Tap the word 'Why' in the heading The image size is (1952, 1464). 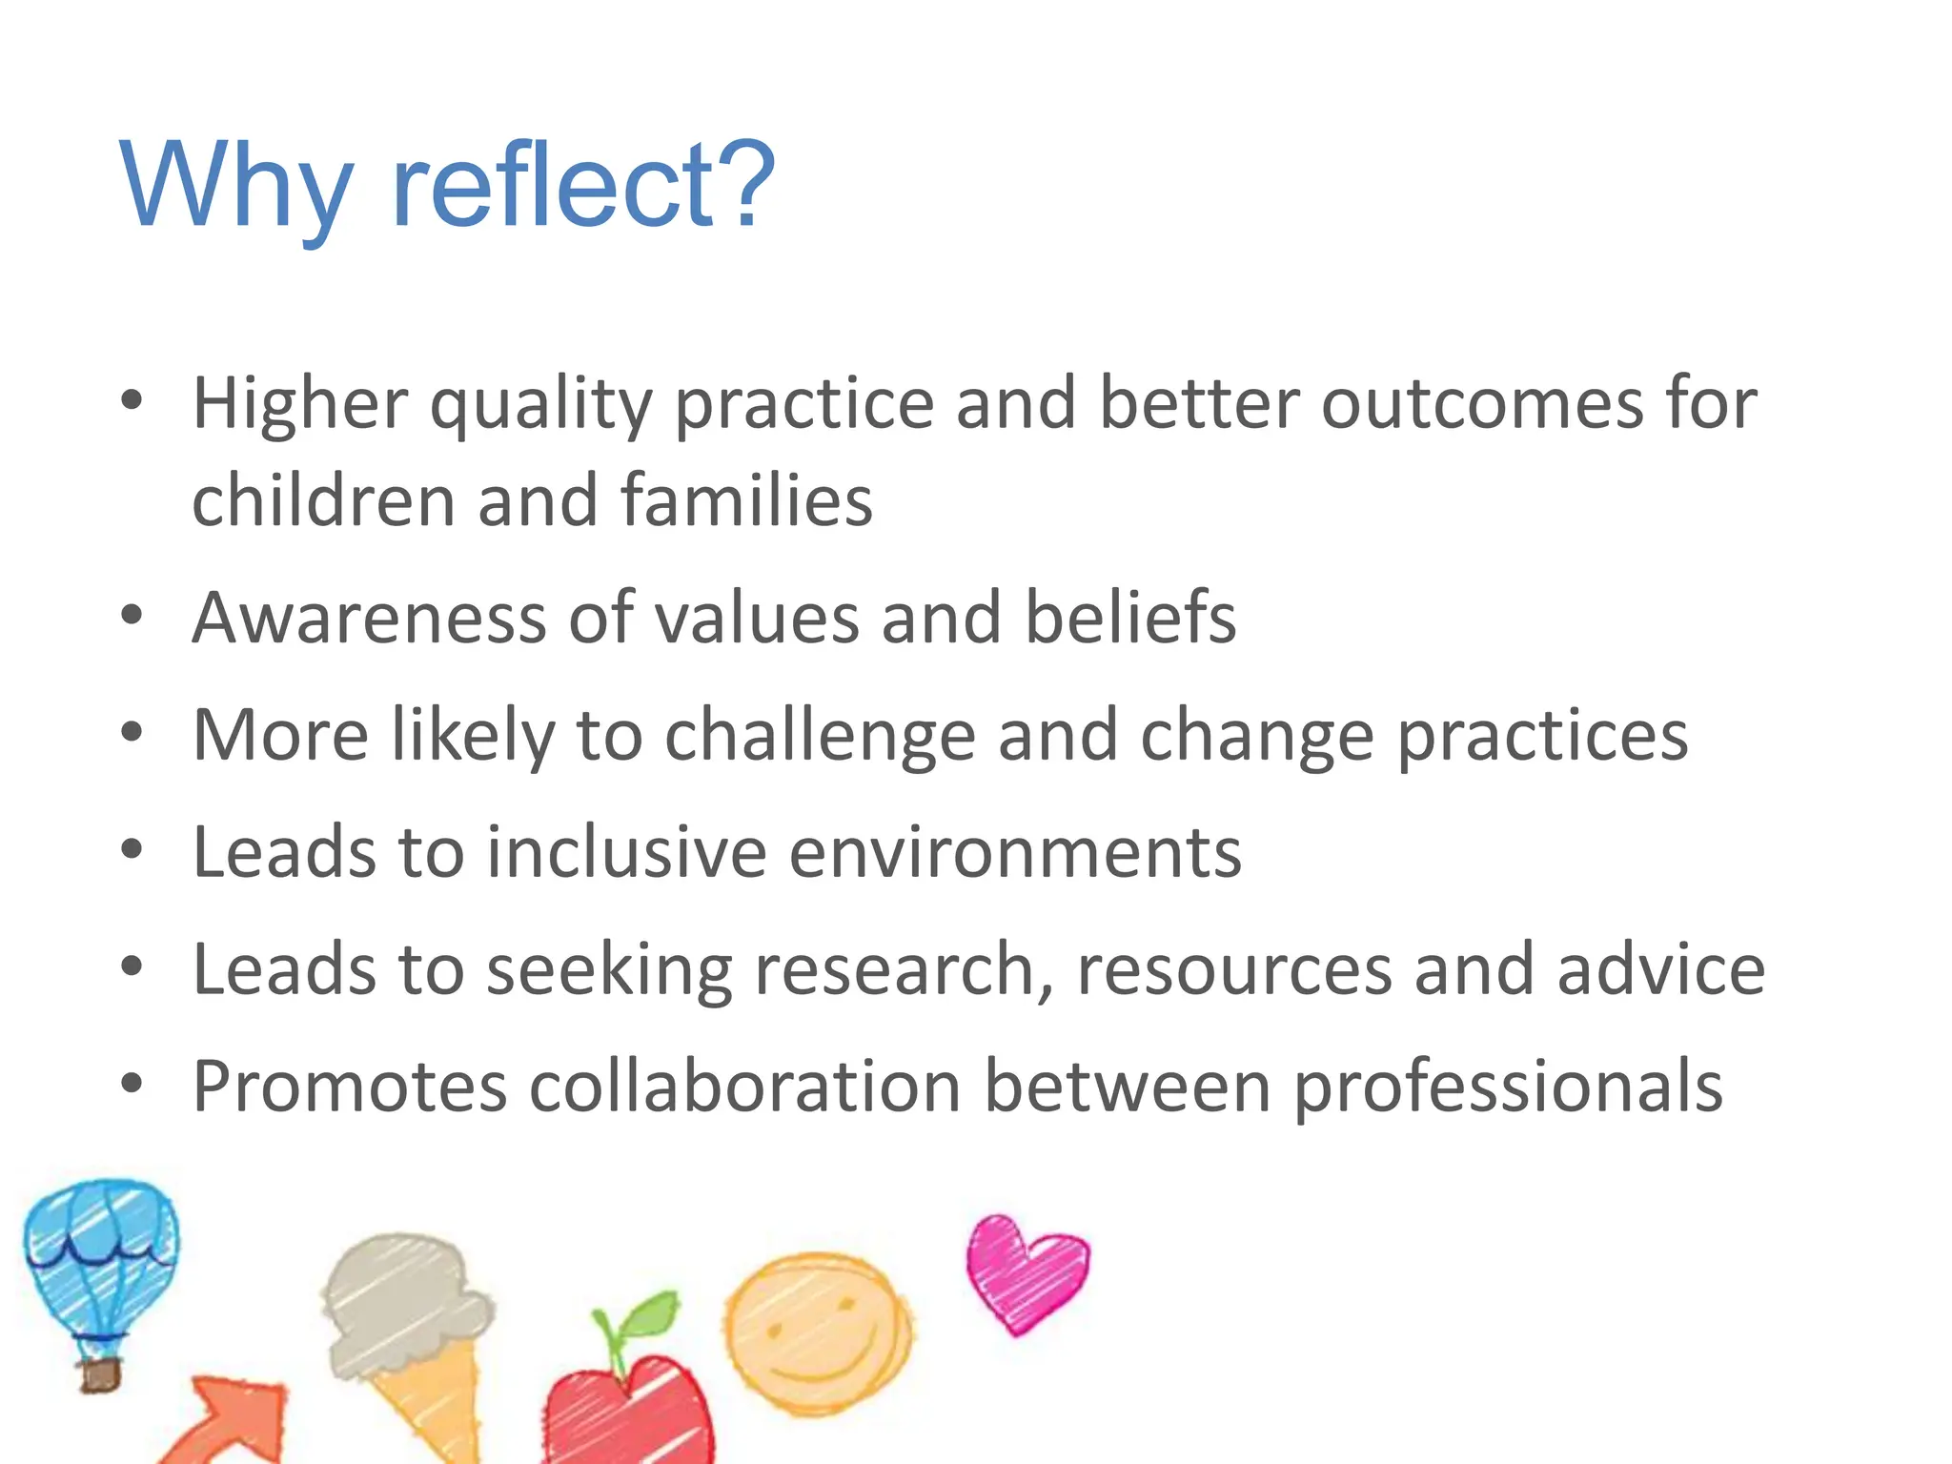(234, 186)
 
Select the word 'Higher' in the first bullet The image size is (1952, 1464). (300, 404)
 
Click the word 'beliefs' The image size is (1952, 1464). (1129, 618)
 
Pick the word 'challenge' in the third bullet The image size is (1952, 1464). (820, 736)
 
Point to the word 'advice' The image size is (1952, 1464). (1660, 969)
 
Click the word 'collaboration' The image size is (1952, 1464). (744, 1087)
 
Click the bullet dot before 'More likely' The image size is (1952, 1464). (132, 732)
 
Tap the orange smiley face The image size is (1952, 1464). (817, 1332)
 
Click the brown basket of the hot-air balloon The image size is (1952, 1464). (99, 1374)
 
